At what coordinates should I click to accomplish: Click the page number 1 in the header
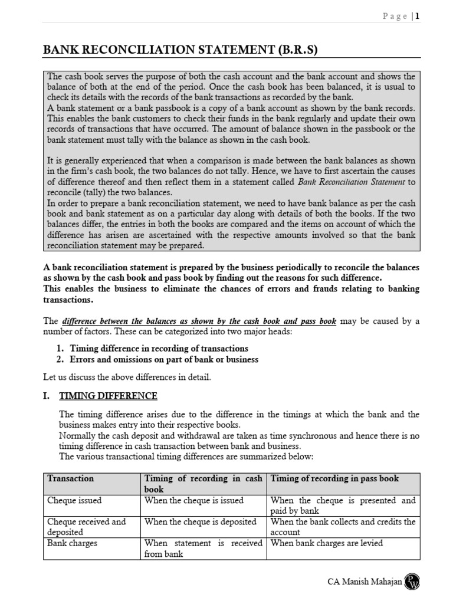tap(417, 17)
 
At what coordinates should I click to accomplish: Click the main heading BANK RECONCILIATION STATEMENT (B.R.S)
tap(180, 50)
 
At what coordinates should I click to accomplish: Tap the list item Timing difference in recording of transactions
tap(159, 348)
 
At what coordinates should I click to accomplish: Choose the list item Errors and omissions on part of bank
tap(164, 359)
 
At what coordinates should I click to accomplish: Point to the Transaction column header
tap(70, 478)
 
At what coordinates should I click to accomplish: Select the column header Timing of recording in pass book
tap(334, 478)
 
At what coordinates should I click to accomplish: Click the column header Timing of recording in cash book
tap(203, 484)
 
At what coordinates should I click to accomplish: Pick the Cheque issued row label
tap(74, 500)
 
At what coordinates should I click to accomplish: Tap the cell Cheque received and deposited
tap(87, 527)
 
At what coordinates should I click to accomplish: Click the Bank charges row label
tap(73, 543)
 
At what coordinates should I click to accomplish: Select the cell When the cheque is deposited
tap(200, 521)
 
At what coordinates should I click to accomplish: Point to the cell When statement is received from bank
tap(203, 549)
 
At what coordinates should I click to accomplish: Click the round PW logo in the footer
tap(411, 582)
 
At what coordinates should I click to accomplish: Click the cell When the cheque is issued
tap(194, 500)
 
